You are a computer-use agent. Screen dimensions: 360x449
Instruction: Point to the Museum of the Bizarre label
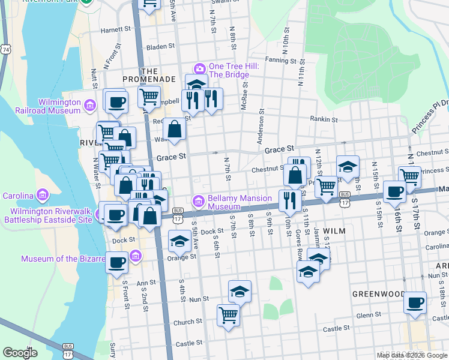(59, 259)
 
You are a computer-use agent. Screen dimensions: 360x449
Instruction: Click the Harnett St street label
(116, 29)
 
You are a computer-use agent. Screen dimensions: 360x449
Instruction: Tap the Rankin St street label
(325, 119)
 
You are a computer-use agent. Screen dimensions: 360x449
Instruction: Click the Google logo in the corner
(20, 353)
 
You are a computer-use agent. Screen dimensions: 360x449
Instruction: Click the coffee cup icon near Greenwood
(415, 301)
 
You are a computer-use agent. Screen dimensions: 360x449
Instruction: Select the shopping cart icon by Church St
(229, 313)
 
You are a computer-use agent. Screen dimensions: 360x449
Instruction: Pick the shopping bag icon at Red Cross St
(174, 129)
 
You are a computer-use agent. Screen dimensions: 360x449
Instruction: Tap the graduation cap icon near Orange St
(179, 241)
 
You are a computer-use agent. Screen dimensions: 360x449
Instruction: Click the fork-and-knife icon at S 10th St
(289, 200)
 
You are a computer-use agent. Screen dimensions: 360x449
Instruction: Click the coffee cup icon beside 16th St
(394, 191)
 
